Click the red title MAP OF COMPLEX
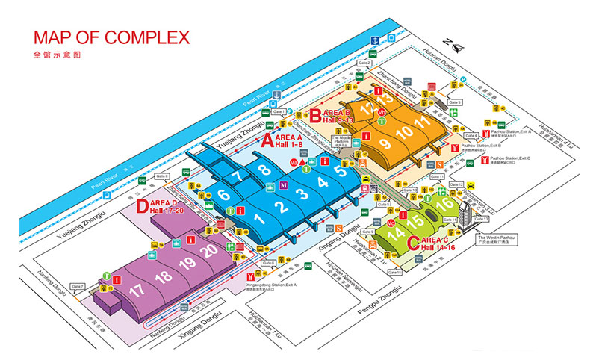point(111,37)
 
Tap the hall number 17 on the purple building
point(137,289)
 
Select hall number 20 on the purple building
point(210,251)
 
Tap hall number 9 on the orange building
point(385,143)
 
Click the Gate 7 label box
point(78,287)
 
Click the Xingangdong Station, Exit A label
point(276,288)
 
